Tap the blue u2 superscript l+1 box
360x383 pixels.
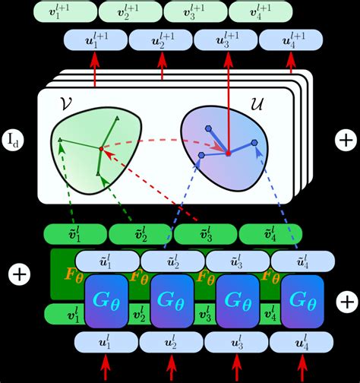(161, 40)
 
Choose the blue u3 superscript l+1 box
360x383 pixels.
(225, 40)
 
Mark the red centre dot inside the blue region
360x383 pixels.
(228, 154)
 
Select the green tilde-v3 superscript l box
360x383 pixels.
(205, 233)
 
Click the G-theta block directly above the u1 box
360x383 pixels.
(106, 302)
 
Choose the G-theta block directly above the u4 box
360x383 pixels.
(302, 302)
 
